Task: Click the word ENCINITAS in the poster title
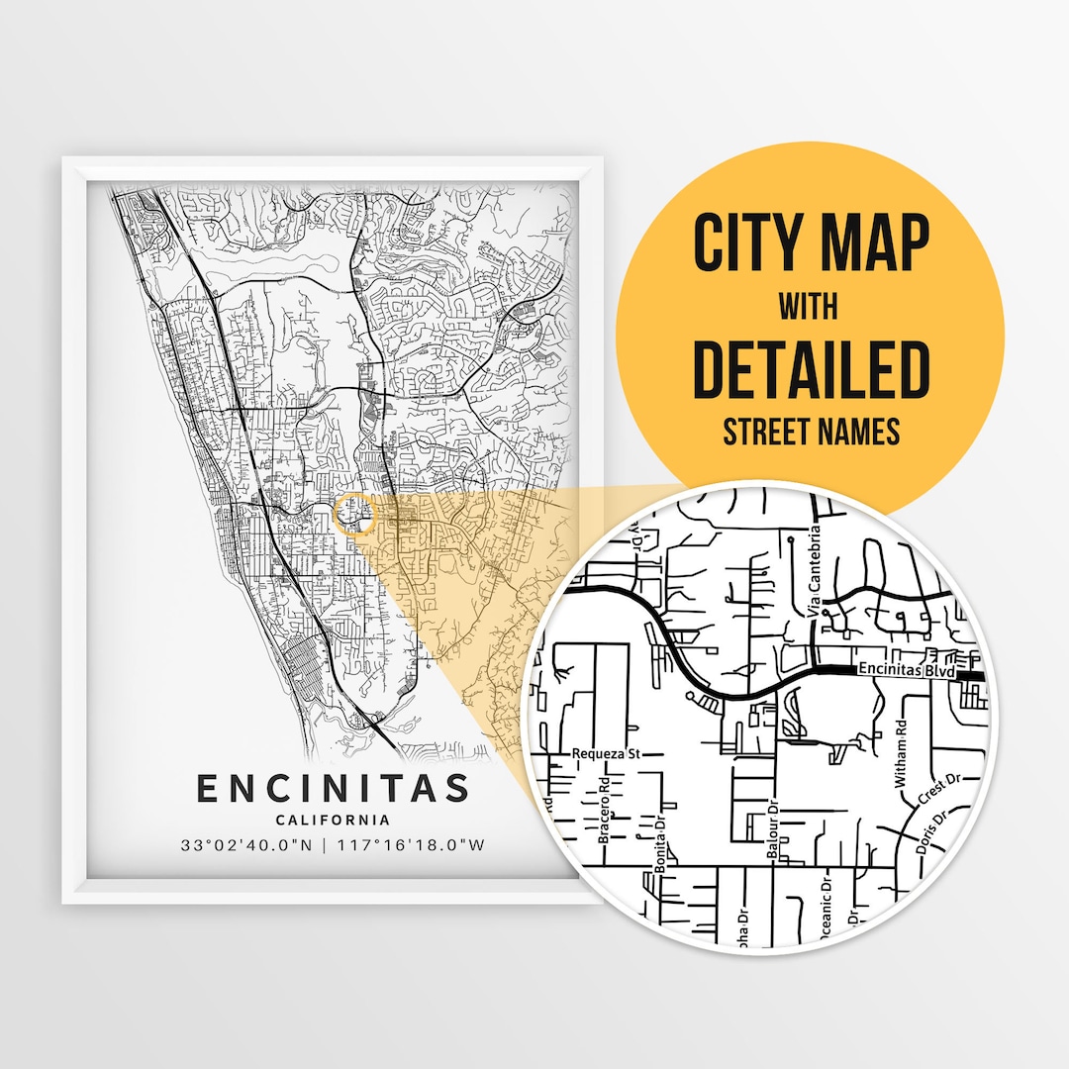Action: click(333, 789)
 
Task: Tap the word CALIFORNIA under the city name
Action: click(333, 820)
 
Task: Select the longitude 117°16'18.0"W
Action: click(413, 846)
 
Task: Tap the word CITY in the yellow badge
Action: click(744, 243)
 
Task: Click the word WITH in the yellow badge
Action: click(808, 307)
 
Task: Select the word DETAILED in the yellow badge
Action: click(811, 369)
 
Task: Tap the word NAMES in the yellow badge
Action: click(861, 432)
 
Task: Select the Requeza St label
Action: click(607, 753)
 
